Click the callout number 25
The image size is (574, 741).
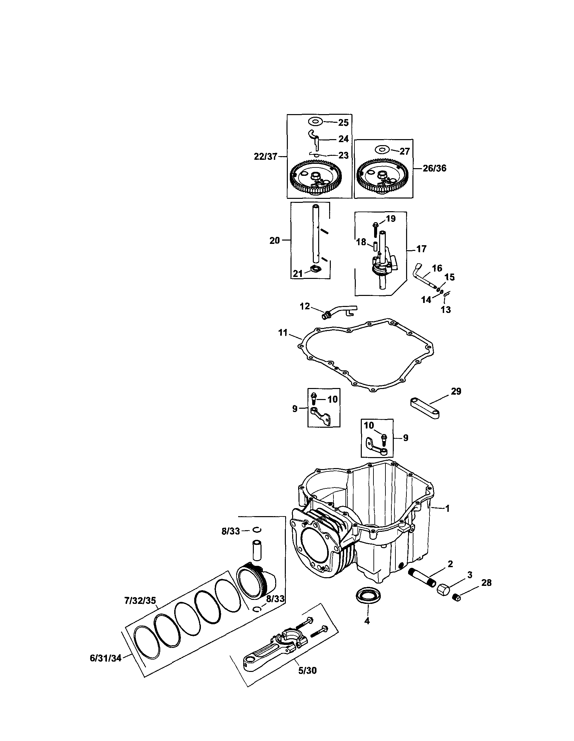343,123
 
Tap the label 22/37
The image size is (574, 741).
265,156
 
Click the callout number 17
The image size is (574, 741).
421,249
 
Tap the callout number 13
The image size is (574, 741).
446,309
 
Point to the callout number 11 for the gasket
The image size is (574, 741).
283,333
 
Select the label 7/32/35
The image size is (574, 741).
140,601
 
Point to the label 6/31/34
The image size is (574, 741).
105,659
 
